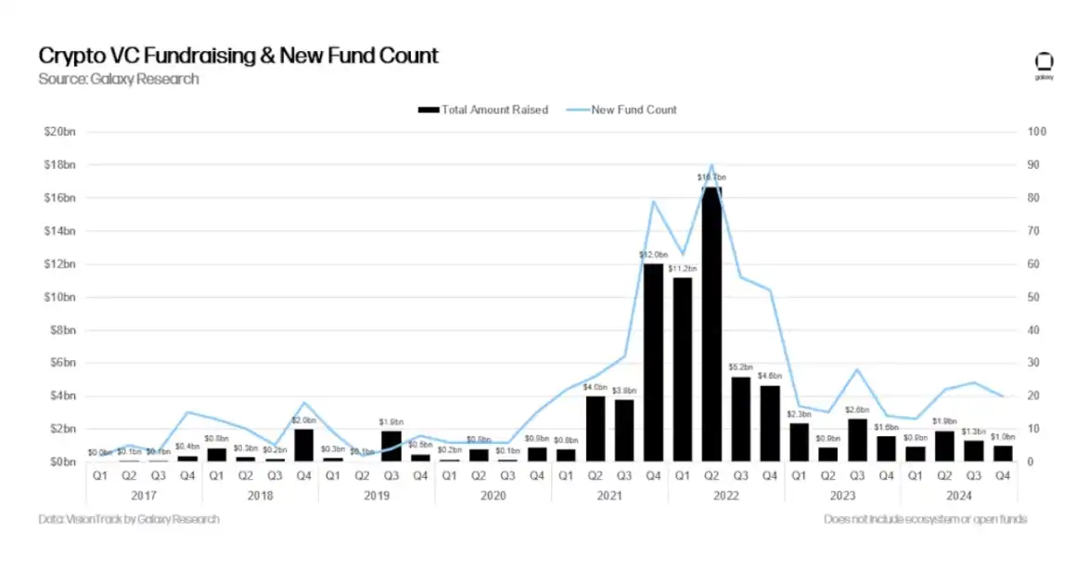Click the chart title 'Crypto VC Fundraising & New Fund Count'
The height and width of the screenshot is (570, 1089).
click(x=238, y=56)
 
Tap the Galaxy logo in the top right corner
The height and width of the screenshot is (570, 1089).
click(x=1044, y=65)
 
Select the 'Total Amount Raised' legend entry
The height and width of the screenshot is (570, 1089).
click(x=483, y=110)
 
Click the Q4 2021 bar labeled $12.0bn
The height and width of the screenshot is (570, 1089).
click(x=654, y=363)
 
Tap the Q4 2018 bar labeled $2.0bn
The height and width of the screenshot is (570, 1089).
click(x=304, y=446)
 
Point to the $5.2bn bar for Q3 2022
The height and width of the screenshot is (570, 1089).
click(x=741, y=419)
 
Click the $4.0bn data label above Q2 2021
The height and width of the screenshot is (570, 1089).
click(x=596, y=386)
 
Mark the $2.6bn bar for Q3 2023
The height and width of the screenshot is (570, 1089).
click(x=857, y=440)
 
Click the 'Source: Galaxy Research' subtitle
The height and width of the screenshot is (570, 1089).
click(x=119, y=79)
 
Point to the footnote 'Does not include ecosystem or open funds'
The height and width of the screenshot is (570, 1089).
click(x=925, y=520)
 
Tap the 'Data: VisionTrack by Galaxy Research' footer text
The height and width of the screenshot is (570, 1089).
click(x=129, y=520)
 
